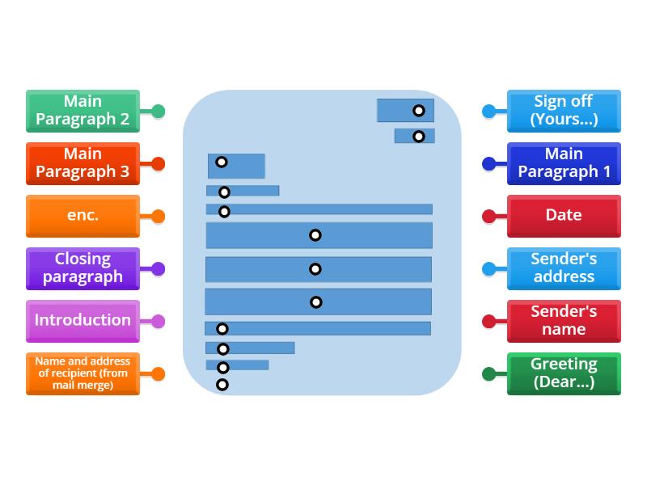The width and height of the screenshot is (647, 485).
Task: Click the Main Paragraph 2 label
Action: click(82, 111)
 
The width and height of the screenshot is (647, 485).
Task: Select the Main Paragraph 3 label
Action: click(82, 163)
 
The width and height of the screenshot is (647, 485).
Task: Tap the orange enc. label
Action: click(82, 216)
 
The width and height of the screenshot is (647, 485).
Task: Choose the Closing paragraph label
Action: click(82, 268)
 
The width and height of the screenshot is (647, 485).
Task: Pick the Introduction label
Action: click(82, 321)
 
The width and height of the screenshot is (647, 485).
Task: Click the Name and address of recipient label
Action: click(82, 373)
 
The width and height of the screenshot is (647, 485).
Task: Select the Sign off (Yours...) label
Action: click(564, 111)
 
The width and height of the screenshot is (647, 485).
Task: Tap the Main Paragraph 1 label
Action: click(564, 163)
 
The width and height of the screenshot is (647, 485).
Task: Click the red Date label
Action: click(564, 216)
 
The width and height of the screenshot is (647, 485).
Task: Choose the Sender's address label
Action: click(564, 268)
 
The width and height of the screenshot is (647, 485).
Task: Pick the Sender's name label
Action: click(564, 321)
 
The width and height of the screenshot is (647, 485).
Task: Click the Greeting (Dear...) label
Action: click(564, 373)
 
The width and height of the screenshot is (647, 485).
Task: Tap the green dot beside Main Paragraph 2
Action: click(158, 111)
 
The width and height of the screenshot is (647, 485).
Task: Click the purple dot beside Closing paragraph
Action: click(158, 268)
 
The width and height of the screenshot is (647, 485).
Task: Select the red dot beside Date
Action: click(488, 216)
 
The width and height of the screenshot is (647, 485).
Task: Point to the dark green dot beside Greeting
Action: click(488, 373)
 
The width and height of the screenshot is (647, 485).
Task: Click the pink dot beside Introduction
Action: click(158, 321)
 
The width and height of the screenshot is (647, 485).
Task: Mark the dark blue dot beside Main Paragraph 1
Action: click(488, 163)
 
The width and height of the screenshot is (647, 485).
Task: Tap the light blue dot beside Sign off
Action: click(488, 111)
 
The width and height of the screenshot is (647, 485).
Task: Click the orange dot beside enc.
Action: click(158, 216)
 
